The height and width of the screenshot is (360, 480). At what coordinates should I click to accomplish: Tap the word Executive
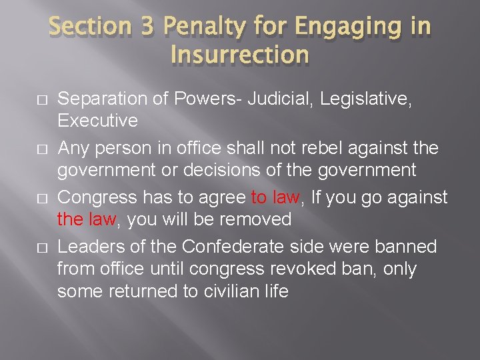coord(97,121)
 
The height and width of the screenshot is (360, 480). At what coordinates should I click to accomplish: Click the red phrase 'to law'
coord(275,197)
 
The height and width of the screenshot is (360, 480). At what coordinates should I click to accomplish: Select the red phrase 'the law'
coord(83,219)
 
